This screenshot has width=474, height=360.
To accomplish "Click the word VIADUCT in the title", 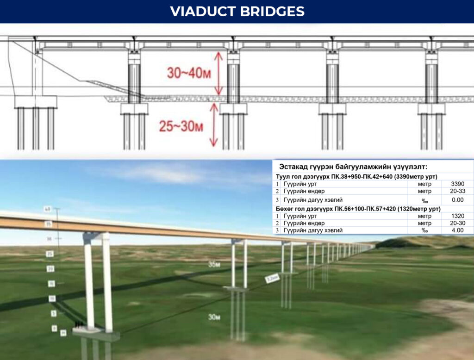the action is (202, 12).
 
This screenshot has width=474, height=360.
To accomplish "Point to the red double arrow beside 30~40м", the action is (219, 73).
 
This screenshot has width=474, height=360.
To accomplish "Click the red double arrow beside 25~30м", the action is (213, 125).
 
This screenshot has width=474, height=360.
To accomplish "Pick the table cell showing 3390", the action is (456, 184).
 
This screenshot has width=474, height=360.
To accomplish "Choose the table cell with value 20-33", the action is (456, 191).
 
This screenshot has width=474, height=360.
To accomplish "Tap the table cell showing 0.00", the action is (456, 200).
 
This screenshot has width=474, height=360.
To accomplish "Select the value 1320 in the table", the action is (456, 216).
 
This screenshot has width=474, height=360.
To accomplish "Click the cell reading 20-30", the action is (456, 223).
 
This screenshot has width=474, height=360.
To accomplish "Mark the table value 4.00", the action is (456, 230).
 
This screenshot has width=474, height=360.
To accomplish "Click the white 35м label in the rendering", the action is (213, 265).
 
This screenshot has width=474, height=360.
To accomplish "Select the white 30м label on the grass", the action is (213, 317).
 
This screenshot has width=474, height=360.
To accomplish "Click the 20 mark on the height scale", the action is (51, 269).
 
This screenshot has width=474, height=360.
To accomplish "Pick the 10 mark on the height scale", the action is (52, 298).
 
